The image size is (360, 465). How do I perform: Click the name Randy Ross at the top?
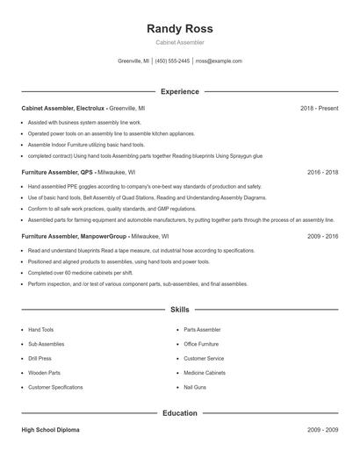(x=179, y=28)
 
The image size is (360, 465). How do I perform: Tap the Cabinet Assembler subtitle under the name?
(x=179, y=42)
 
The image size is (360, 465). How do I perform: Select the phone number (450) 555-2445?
(x=173, y=61)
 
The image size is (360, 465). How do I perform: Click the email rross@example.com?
(x=219, y=61)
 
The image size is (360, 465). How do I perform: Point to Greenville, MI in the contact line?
(x=133, y=61)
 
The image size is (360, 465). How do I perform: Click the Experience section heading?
(x=179, y=91)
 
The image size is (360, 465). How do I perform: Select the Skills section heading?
(x=179, y=310)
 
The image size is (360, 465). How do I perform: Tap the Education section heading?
(x=179, y=412)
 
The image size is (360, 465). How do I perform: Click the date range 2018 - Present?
(x=319, y=108)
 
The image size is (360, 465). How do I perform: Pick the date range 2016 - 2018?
(x=322, y=172)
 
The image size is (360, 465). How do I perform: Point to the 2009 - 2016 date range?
(x=322, y=236)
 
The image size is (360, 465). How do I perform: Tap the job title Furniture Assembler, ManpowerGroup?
(x=75, y=236)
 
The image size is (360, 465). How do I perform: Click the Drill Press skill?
(x=40, y=358)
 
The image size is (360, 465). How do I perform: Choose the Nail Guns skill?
(x=194, y=386)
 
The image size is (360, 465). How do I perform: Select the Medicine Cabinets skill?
(x=204, y=372)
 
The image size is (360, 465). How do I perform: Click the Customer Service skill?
(x=203, y=358)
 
